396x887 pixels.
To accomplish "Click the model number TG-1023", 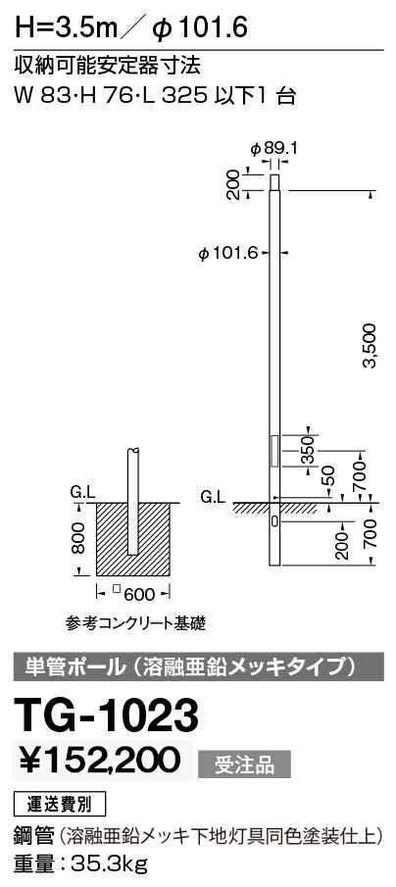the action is coord(108,715).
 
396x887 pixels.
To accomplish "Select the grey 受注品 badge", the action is coord(244,764).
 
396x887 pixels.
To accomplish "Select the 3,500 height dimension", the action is coord(370,345).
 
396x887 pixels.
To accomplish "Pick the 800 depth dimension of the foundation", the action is coord(78,537).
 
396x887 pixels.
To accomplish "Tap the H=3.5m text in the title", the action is coord(66,26).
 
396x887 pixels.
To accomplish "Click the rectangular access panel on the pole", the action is coord(274,450).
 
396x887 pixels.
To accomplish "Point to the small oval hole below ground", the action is coord(273,519).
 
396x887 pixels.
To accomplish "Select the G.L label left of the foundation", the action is coord(82,494).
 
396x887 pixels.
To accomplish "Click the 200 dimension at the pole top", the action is coord(232,185).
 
